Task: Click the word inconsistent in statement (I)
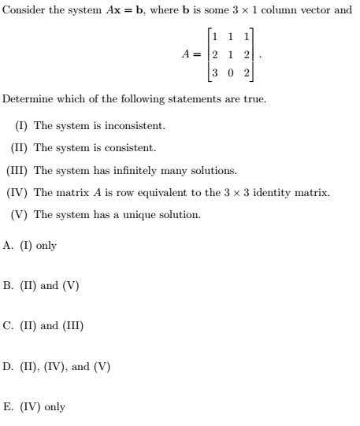(136, 126)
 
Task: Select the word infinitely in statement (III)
(137, 170)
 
